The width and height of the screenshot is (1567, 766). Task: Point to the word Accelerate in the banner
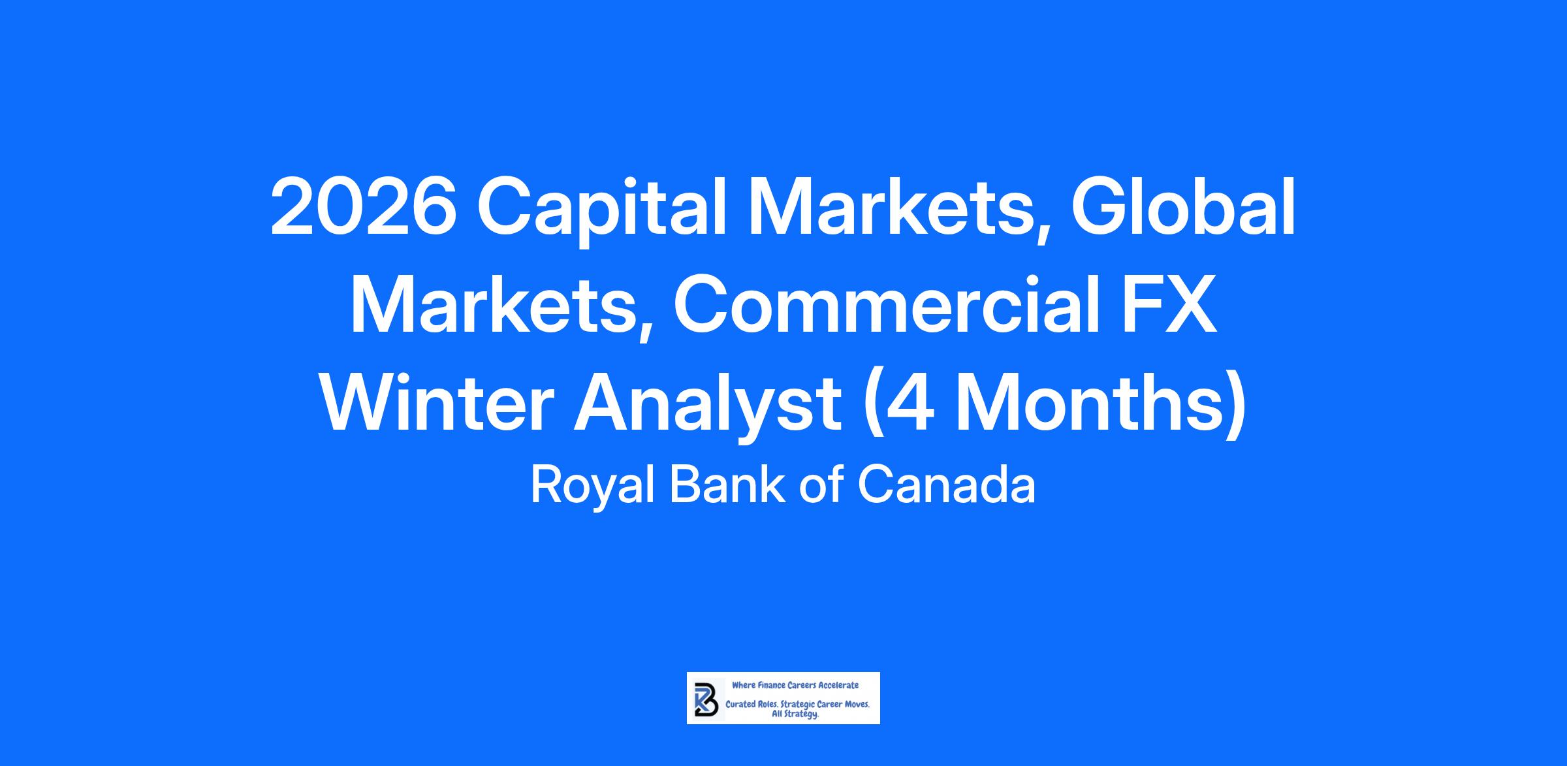coord(835,685)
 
